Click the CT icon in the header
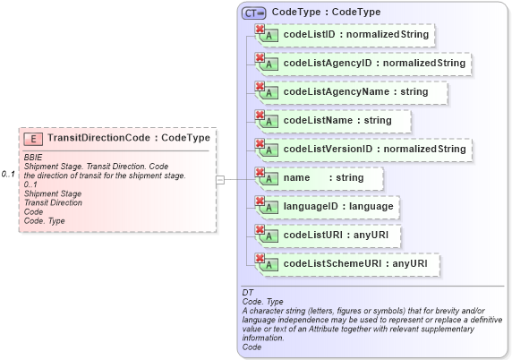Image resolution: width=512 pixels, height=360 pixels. pos(254,13)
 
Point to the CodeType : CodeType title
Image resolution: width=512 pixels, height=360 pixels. pos(326,13)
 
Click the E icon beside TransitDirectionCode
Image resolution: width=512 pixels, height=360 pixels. pos(33,139)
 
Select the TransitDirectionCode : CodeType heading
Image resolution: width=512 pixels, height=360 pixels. pos(128,139)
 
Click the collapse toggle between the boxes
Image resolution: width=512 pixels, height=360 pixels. pos(220,179)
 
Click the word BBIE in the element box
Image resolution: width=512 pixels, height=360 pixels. pos(34,158)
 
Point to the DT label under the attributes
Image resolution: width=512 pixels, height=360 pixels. pos(247,293)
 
